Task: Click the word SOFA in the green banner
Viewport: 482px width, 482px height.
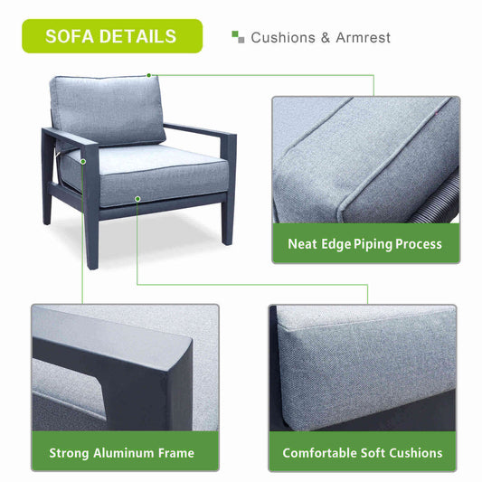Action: (x=69, y=36)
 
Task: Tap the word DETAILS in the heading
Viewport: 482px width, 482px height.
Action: (x=137, y=36)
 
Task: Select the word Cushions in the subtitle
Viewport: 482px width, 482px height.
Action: (x=283, y=38)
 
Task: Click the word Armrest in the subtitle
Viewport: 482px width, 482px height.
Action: (x=363, y=38)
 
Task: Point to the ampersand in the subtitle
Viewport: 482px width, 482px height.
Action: (x=326, y=38)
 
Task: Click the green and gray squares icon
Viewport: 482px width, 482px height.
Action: (x=238, y=37)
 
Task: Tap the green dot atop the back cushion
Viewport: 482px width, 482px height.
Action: (x=149, y=75)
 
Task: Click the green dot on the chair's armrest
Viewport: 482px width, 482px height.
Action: (x=83, y=162)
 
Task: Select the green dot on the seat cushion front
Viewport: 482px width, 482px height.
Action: (x=137, y=199)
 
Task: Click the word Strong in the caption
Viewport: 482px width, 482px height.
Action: (x=69, y=454)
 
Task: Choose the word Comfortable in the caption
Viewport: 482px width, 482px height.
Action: (x=319, y=453)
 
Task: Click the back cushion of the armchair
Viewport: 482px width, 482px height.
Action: (x=108, y=110)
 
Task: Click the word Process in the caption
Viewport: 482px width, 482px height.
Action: (x=419, y=244)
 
